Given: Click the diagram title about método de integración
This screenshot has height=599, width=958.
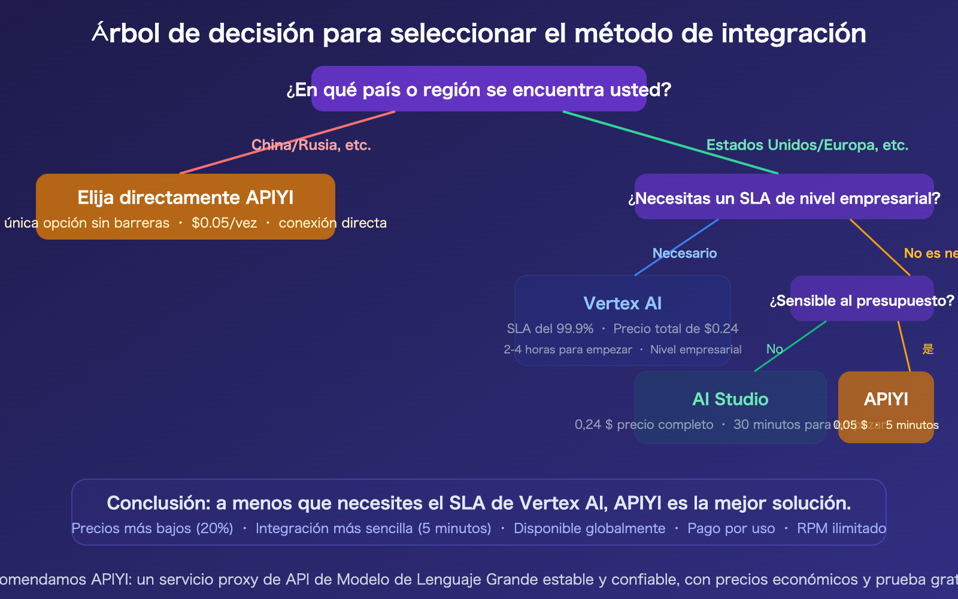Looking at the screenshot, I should point(479,34).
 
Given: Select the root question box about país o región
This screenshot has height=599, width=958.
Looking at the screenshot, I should point(479,89).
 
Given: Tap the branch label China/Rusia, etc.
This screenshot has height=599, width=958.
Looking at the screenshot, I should point(311,145).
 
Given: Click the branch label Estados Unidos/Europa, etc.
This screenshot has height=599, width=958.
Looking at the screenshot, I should point(807,145).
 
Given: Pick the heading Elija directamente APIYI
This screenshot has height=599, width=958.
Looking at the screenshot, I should point(186,198).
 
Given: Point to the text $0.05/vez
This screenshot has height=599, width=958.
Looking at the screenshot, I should point(224,223).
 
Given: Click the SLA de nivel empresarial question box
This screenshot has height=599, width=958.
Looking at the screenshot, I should point(784,198).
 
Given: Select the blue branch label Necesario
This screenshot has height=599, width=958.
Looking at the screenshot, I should point(684,253).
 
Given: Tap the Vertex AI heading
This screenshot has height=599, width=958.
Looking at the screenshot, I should point(623,304).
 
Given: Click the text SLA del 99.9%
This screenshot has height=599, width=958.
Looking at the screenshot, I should point(550,329).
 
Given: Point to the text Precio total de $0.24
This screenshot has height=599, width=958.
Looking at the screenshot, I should point(675,329).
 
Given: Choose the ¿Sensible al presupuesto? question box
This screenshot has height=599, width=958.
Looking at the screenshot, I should point(862,300).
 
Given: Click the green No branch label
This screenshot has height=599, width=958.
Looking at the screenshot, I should point(774,349).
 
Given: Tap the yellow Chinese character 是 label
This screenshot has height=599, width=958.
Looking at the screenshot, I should point(928,349).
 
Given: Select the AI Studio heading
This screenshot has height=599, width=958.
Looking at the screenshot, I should point(730,400).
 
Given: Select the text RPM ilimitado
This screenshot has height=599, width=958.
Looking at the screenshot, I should point(841,528).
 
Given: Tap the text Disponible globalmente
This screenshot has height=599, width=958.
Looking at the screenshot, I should point(589,528).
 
